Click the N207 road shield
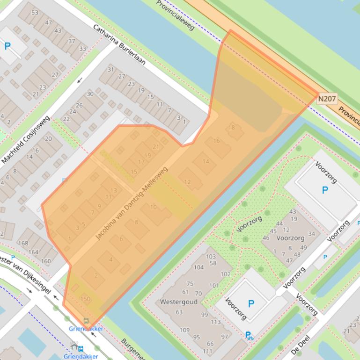[x=327, y=99]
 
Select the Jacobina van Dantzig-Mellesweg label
[x=131, y=204]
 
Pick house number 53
[x=35, y=12]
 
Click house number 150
[x=85, y=299]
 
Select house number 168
[x=22, y=243]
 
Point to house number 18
[x=232, y=128]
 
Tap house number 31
[x=110, y=70]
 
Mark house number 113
[x=215, y=322]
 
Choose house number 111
[x=207, y=351]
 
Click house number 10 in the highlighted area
[x=153, y=207]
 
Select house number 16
[x=216, y=141]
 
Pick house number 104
[x=199, y=267]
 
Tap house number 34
[x=311, y=234]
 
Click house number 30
[x=90, y=94]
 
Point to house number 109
[x=184, y=330]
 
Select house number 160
[x=46, y=261]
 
